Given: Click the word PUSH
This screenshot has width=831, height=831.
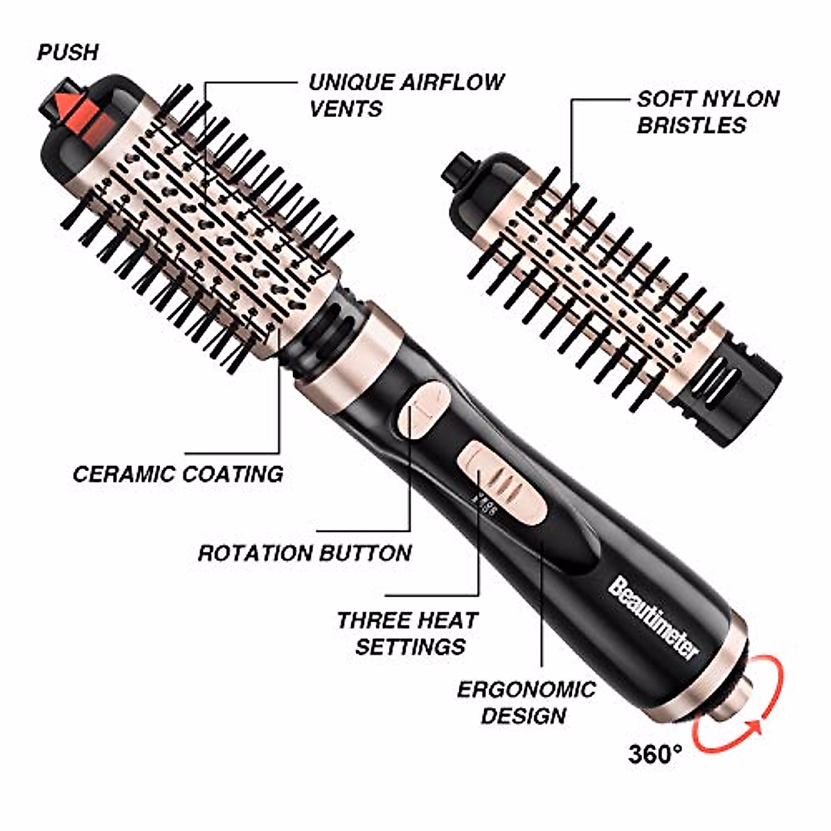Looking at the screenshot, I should pyautogui.click(x=67, y=52).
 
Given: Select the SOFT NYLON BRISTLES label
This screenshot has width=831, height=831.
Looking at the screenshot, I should pyautogui.click(x=707, y=111).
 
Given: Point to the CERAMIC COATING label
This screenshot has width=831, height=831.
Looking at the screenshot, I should pyautogui.click(x=178, y=474).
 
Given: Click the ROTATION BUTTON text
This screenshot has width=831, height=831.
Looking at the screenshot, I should pyautogui.click(x=305, y=553).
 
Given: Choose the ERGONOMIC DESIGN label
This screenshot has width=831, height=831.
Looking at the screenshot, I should pyautogui.click(x=526, y=702).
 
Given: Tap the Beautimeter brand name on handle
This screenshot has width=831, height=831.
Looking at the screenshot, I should pyautogui.click(x=654, y=617).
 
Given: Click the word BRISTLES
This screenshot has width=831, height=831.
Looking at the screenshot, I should pyautogui.click(x=692, y=125).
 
